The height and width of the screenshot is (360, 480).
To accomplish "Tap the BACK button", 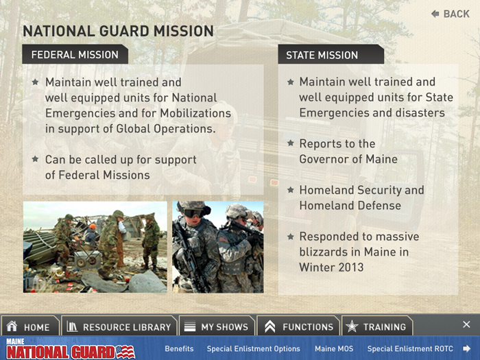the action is (x=451, y=14).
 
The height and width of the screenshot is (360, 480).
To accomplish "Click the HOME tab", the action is (x=29, y=326).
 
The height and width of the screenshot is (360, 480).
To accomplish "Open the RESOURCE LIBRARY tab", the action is (x=119, y=326).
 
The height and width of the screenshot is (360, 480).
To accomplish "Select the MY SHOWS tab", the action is (x=217, y=326).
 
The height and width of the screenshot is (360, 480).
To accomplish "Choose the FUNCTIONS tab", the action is (x=298, y=326).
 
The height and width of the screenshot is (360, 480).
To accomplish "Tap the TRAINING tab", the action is (x=377, y=326).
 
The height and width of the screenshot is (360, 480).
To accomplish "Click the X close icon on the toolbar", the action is (x=466, y=324).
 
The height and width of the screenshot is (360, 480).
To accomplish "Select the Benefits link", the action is (x=179, y=348).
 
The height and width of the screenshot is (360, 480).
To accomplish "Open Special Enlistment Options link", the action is (x=253, y=348).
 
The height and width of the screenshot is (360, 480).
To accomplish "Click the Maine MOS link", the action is (x=334, y=348).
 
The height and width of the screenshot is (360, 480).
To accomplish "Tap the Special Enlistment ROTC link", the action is (x=410, y=348).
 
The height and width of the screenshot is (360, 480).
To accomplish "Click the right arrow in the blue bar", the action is (x=466, y=348).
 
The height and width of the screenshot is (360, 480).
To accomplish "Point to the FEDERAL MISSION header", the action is (x=75, y=54).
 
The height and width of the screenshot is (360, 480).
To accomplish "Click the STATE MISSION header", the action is (x=331, y=55).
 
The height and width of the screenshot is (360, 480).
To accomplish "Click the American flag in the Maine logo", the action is (x=125, y=352).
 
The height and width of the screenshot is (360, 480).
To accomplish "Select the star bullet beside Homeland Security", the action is (x=291, y=190).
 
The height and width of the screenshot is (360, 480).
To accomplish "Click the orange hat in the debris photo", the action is (x=93, y=226).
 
